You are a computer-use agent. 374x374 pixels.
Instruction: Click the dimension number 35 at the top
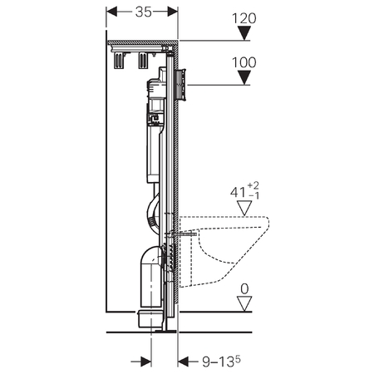click(x=144, y=12)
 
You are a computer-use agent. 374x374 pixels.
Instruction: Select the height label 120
click(x=244, y=18)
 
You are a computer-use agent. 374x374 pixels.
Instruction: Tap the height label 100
click(x=244, y=62)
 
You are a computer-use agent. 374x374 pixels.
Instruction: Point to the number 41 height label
click(x=238, y=192)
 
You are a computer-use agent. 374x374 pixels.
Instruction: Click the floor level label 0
click(x=244, y=289)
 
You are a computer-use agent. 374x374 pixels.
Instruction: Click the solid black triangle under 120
click(x=244, y=33)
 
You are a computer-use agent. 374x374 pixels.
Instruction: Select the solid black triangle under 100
click(x=244, y=77)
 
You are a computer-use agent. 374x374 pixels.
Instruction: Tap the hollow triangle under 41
click(x=244, y=208)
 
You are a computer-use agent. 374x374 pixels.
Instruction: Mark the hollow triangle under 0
click(x=244, y=303)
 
